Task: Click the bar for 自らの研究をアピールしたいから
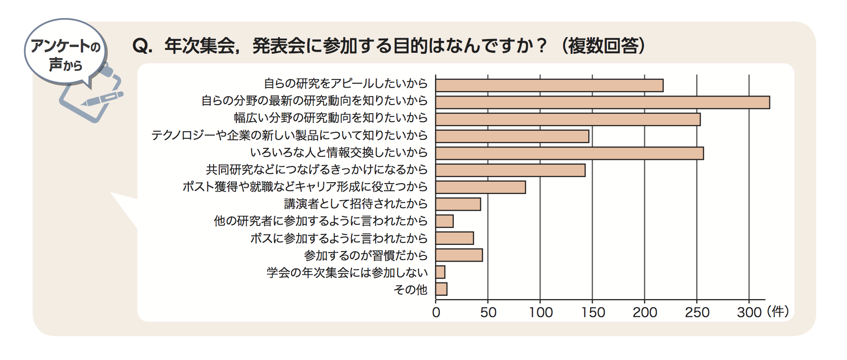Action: (549, 86)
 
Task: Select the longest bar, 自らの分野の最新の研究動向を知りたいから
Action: (602, 103)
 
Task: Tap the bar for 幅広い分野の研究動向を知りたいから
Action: (568, 119)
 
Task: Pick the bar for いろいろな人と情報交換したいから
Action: (569, 153)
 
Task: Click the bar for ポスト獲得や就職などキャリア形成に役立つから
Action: (480, 187)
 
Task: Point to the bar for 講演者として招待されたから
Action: (458, 204)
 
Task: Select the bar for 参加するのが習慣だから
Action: (459, 255)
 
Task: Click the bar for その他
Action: (441, 289)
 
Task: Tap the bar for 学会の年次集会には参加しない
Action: (440, 272)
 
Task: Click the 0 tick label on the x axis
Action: (436, 312)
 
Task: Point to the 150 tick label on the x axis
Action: (593, 312)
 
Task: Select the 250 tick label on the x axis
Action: (697, 312)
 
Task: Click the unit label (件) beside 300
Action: (778, 312)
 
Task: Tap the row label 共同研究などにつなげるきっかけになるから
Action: (317, 170)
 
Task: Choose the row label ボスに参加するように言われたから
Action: (339, 238)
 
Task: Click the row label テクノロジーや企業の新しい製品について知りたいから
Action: (289, 136)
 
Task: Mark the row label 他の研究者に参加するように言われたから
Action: (321, 221)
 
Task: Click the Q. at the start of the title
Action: (142, 46)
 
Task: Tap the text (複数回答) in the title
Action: (603, 46)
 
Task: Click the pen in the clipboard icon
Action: (102, 99)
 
